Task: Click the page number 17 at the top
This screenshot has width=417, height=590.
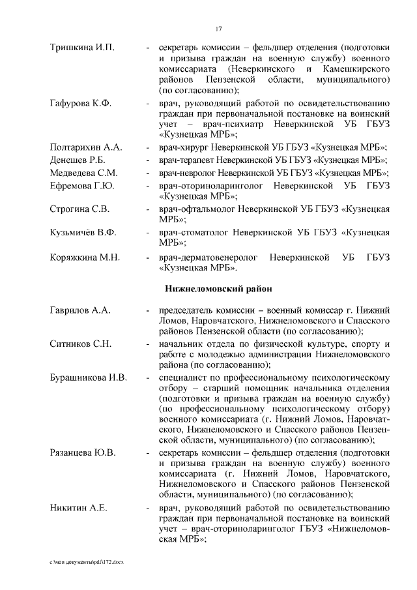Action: click(219, 27)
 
